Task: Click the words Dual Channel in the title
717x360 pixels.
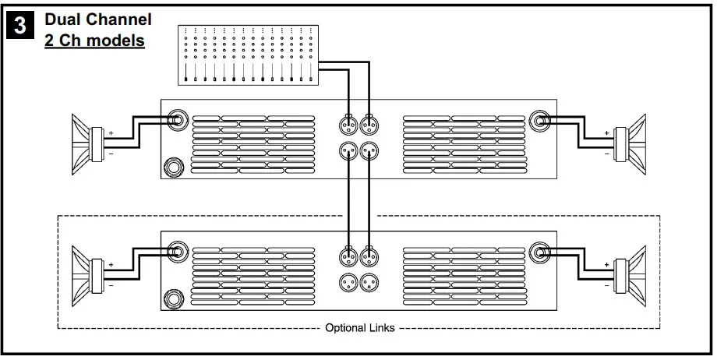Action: tap(98, 19)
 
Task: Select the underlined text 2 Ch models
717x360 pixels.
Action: tap(94, 40)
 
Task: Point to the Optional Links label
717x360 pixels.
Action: tap(359, 328)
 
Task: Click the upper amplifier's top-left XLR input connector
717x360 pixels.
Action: tap(348, 123)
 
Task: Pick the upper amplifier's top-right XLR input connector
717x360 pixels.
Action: tap(370, 123)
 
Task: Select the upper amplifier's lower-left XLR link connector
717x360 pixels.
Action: tap(348, 150)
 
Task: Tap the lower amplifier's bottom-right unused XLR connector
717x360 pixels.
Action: tap(370, 283)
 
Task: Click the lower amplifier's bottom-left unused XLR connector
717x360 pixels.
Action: tap(348, 283)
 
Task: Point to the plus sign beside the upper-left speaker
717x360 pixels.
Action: tap(111, 133)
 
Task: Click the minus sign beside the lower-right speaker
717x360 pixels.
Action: tap(606, 285)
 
